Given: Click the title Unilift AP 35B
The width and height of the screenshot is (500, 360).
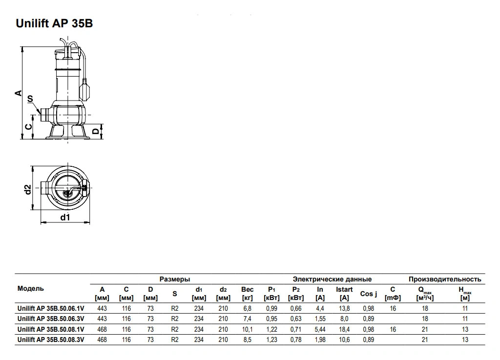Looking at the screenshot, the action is pos(54,23).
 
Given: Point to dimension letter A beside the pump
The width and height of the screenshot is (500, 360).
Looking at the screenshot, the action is pos(19,93).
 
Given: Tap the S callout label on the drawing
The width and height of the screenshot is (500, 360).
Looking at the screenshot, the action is pos(30,99).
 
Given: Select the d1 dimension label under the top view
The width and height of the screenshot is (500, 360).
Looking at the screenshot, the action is pos(65,217).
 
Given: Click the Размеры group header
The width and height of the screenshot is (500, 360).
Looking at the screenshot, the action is pos(175,279).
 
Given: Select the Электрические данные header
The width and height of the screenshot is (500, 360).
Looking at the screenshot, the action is pos(332,279).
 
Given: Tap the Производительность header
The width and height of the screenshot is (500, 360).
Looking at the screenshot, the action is pos(445,279).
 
